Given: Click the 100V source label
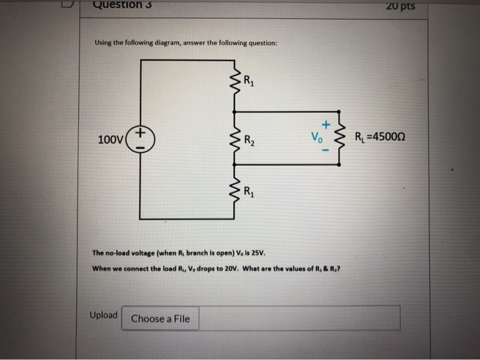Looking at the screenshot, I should (110, 140).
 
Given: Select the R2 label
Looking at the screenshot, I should (250, 142).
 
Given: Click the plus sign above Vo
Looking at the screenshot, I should (327, 124).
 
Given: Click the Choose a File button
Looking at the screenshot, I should (160, 318).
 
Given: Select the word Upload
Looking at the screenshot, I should (104, 315).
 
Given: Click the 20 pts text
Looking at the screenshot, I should (401, 8).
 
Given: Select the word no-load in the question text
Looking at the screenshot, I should (117, 252).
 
